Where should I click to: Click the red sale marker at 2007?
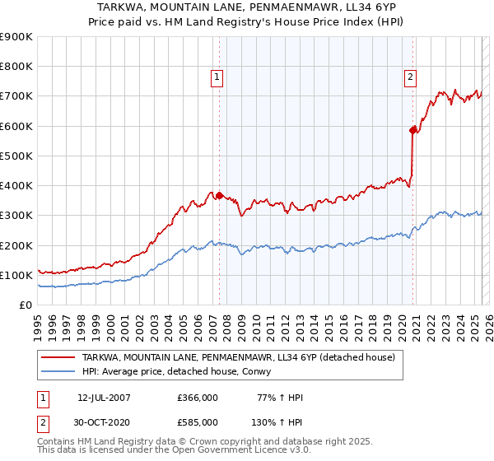(x=220, y=195)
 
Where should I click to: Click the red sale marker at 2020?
(x=413, y=129)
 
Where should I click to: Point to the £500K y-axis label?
(x=16, y=156)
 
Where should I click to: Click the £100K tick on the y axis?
(x=16, y=275)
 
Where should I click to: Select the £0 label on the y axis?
(x=26, y=305)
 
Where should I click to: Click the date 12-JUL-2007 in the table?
(x=104, y=398)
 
